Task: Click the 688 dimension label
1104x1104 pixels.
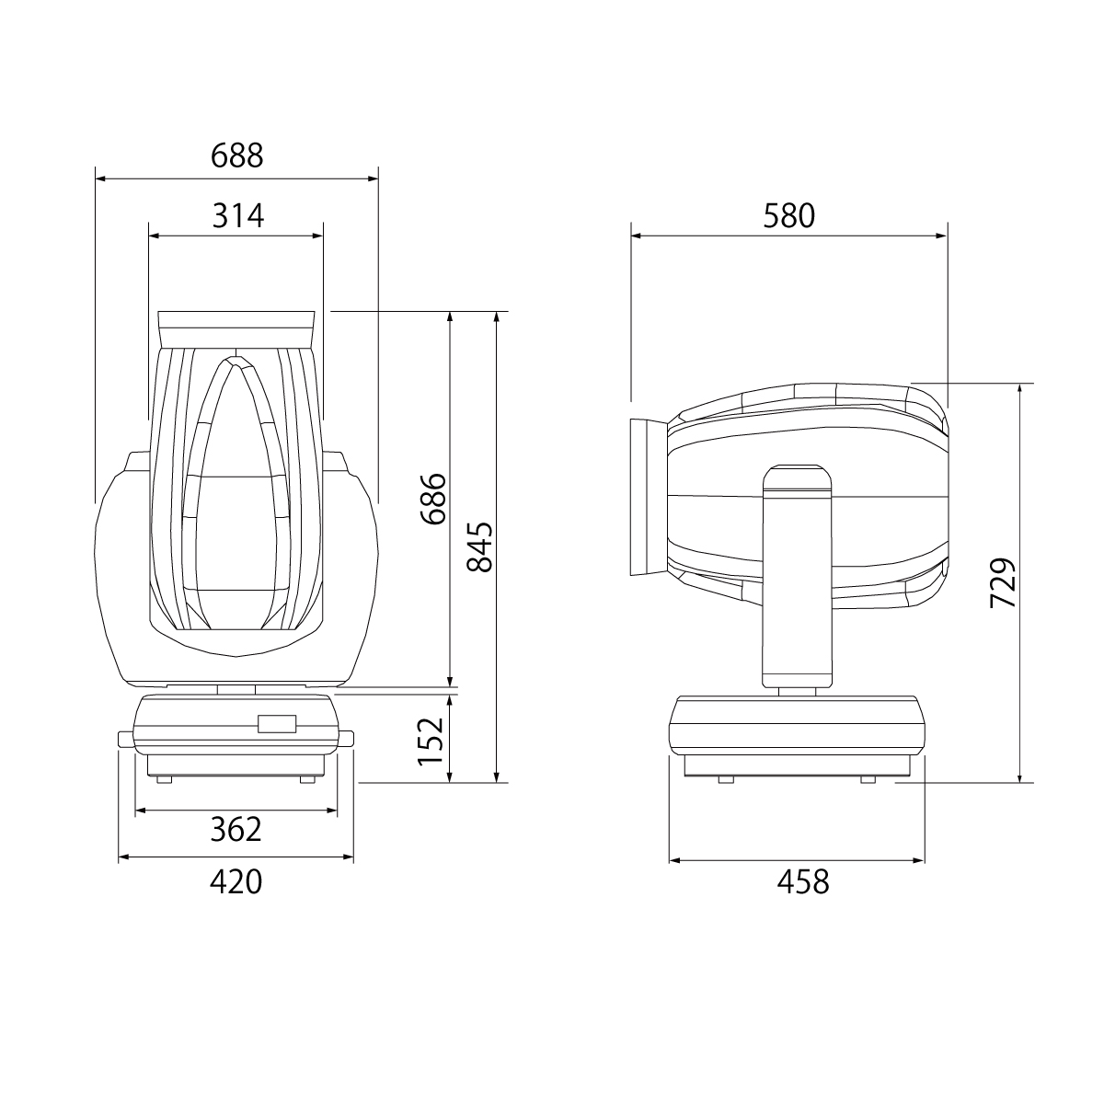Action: click(x=236, y=155)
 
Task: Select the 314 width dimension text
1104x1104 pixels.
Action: click(x=237, y=216)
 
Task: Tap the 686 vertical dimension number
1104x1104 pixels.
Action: click(x=433, y=499)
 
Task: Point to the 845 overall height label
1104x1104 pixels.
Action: click(x=479, y=547)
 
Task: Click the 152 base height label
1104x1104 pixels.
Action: click(x=431, y=742)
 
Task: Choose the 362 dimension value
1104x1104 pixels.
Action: click(x=236, y=829)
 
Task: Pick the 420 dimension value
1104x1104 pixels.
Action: click(x=236, y=882)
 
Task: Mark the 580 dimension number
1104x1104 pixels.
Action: click(x=788, y=216)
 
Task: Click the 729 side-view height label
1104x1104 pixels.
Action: click(x=1003, y=582)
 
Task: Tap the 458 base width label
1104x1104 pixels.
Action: click(x=803, y=882)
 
